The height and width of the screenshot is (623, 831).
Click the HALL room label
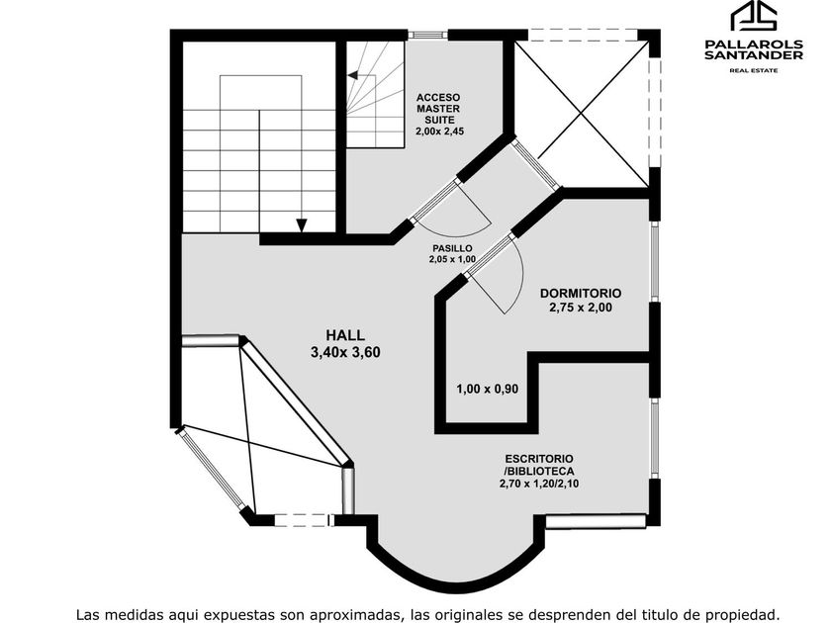[345, 335]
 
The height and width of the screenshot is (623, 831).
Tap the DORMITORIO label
[581, 293]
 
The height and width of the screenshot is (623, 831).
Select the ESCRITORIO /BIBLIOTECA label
[539, 465]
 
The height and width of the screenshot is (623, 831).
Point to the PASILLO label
[452, 248]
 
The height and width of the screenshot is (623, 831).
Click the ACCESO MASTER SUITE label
[438, 109]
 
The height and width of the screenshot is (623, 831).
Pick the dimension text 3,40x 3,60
[345, 352]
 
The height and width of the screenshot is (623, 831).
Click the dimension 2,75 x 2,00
[581, 308]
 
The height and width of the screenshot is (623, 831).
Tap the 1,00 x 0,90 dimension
[488, 389]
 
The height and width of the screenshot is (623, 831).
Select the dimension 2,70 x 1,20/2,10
[539, 484]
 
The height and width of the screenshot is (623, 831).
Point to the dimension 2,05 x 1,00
[452, 259]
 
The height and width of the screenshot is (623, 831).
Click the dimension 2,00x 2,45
[440, 131]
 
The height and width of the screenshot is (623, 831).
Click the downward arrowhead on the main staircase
[302, 225]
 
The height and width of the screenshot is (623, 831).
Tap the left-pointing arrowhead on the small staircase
[352, 75]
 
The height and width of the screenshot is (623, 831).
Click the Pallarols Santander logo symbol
[754, 17]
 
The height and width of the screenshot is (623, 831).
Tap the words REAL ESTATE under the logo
[754, 70]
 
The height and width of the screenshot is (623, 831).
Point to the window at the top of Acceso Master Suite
[427, 35]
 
